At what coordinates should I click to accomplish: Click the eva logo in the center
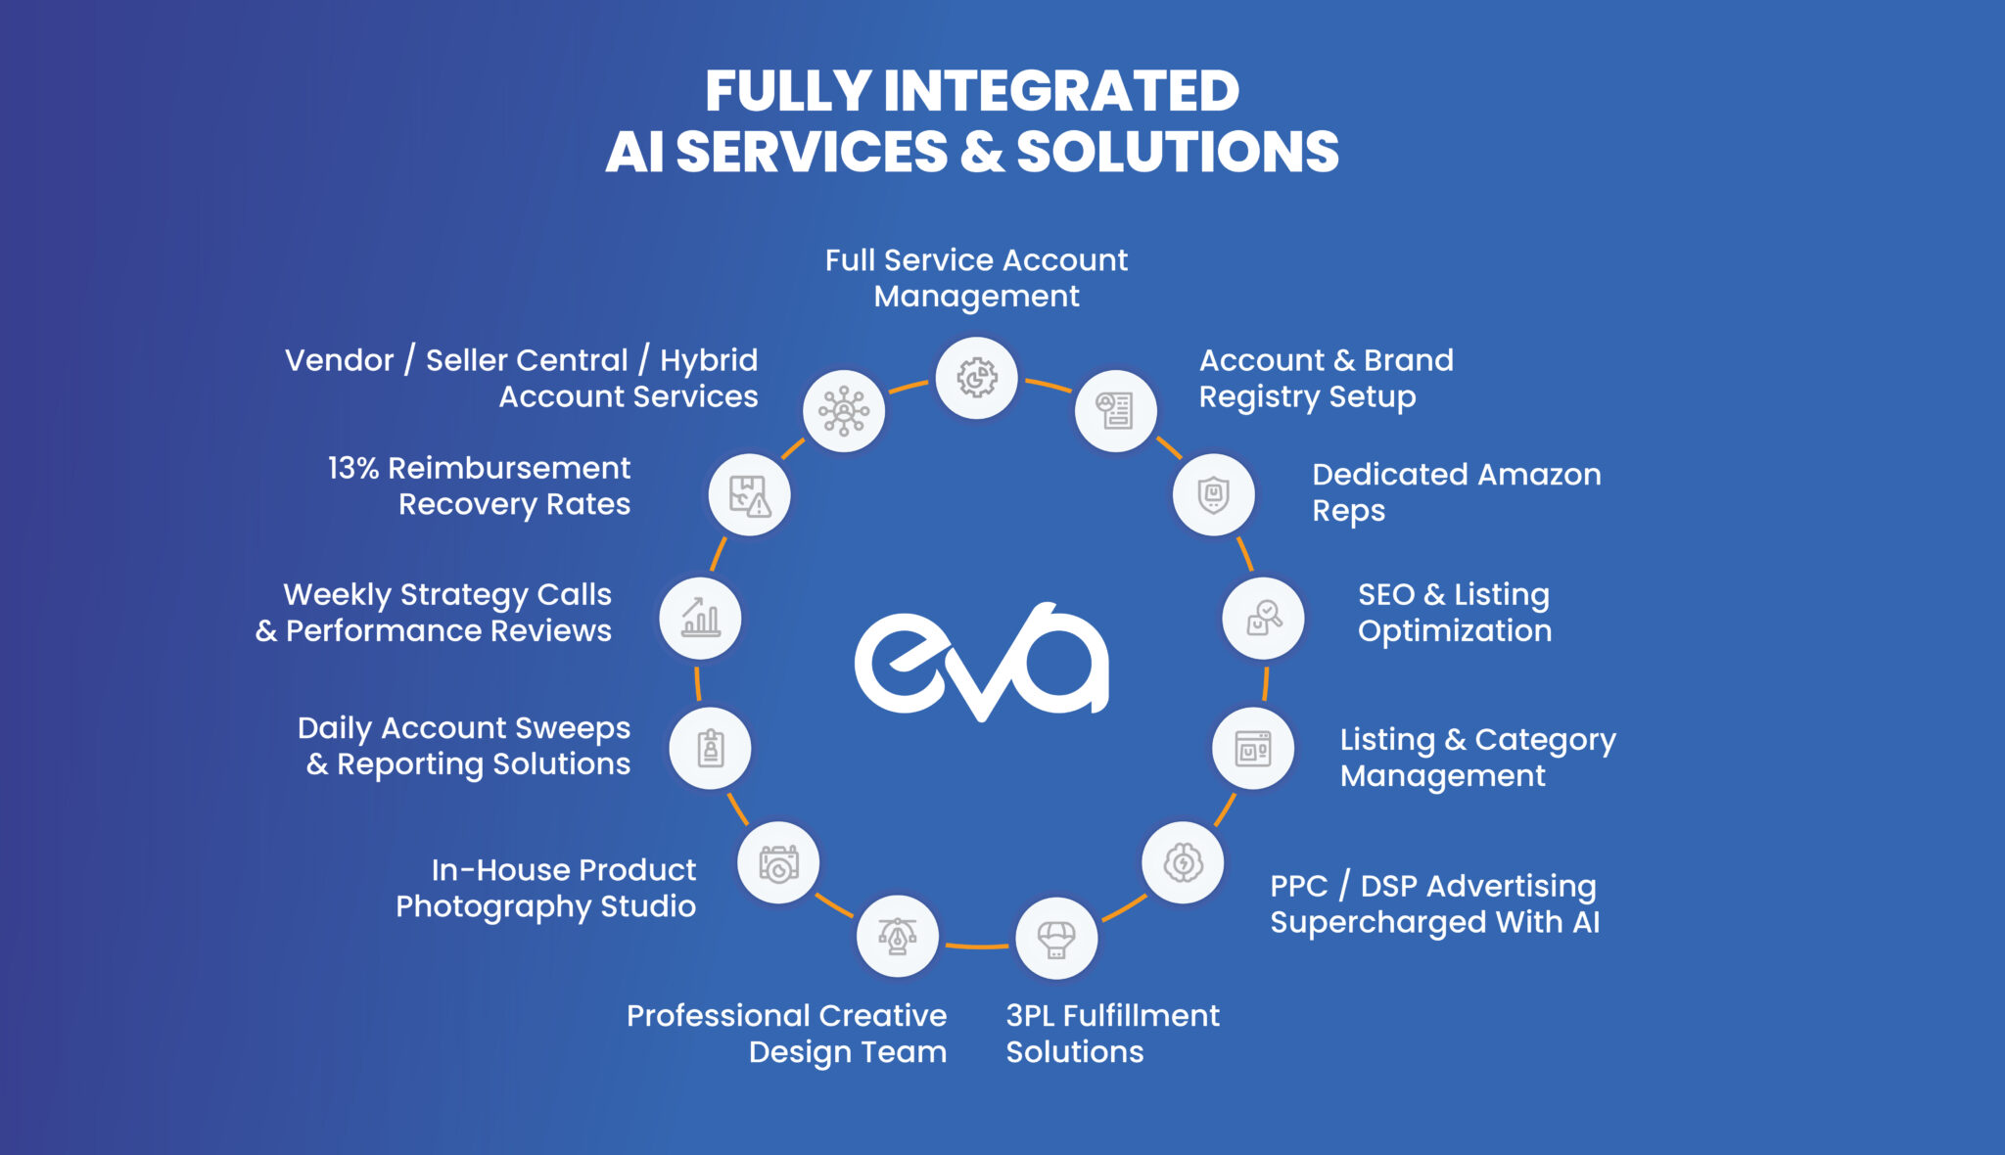tap(982, 661)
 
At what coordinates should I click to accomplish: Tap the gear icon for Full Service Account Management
tap(976, 378)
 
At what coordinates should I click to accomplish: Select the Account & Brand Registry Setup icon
tap(1115, 411)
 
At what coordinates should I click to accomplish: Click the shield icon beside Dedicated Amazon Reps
tap(1214, 494)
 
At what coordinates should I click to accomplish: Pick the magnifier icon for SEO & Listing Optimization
tap(1263, 619)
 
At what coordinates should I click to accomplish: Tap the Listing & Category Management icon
tap(1253, 749)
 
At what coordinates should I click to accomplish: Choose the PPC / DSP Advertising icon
tap(1183, 863)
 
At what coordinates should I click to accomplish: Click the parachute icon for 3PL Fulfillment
tap(1056, 939)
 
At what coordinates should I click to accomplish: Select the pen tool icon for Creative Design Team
tap(897, 937)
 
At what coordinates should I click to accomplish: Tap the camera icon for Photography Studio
tap(778, 863)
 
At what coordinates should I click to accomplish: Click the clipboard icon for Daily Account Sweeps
tap(710, 749)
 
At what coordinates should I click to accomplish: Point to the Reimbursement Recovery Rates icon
tap(750, 495)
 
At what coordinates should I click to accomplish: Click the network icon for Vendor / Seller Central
tap(844, 411)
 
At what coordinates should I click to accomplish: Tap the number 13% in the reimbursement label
tap(353, 468)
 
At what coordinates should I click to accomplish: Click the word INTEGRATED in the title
tap(1061, 91)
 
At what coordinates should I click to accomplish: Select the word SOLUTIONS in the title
tap(1178, 152)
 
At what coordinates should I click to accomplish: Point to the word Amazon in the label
tap(1539, 475)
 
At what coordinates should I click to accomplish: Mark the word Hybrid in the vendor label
tap(709, 361)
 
